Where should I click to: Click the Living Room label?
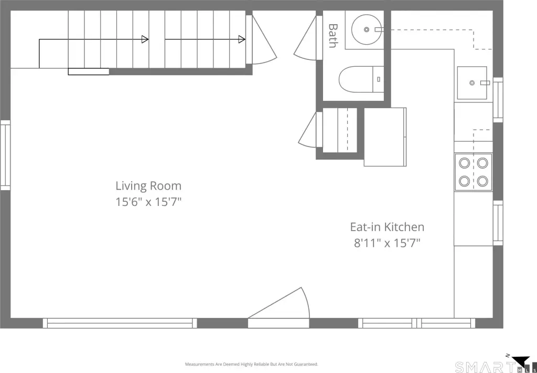click(x=148, y=186)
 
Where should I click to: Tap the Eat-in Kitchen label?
click(x=387, y=227)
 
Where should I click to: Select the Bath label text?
click(x=332, y=36)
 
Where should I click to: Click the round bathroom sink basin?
click(x=367, y=29)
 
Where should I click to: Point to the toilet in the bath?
click(x=361, y=79)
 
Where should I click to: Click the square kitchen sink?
click(x=472, y=82)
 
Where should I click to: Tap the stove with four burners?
click(x=474, y=172)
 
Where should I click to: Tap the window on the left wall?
click(x=5, y=155)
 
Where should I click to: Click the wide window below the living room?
click(x=120, y=323)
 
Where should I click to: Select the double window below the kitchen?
click(x=417, y=323)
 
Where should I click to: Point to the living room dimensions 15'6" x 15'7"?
click(x=148, y=202)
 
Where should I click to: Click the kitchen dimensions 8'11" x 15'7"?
click(x=387, y=243)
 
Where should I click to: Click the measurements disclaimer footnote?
click(x=252, y=364)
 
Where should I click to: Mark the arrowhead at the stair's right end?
click(x=242, y=39)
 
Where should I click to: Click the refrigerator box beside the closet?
click(x=385, y=137)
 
